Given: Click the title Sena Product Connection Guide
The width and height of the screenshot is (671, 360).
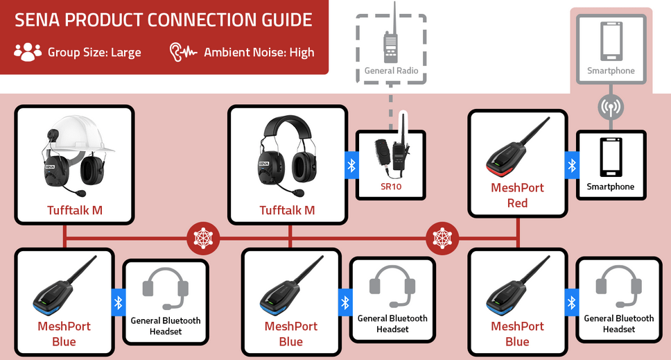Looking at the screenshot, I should pyautogui.click(x=164, y=19).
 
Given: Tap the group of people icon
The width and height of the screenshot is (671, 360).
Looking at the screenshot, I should pyautogui.click(x=28, y=52).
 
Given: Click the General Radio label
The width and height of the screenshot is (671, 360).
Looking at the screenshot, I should pyautogui.click(x=391, y=71).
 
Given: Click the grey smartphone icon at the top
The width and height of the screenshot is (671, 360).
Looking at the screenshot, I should pyautogui.click(x=611, y=42).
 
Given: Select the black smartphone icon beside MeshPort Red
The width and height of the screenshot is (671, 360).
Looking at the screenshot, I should pyautogui.click(x=611, y=157).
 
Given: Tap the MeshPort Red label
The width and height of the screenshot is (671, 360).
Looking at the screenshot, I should pyautogui.click(x=517, y=195).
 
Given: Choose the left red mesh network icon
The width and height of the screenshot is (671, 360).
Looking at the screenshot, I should pyautogui.click(x=203, y=239).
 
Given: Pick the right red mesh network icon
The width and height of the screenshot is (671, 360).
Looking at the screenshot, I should pyautogui.click(x=442, y=239).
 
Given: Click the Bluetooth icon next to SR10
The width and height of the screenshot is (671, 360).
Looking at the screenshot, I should pyautogui.click(x=351, y=165).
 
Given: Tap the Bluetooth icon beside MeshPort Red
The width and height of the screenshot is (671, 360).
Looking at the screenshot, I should pyautogui.click(x=572, y=165).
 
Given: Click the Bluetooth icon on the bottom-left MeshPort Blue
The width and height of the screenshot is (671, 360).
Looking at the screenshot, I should pyautogui.click(x=118, y=302).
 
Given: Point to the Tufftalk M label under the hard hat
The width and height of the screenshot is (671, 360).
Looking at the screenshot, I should pyautogui.click(x=74, y=209).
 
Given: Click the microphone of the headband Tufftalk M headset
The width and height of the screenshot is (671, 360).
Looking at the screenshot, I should pyautogui.click(x=298, y=191).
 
